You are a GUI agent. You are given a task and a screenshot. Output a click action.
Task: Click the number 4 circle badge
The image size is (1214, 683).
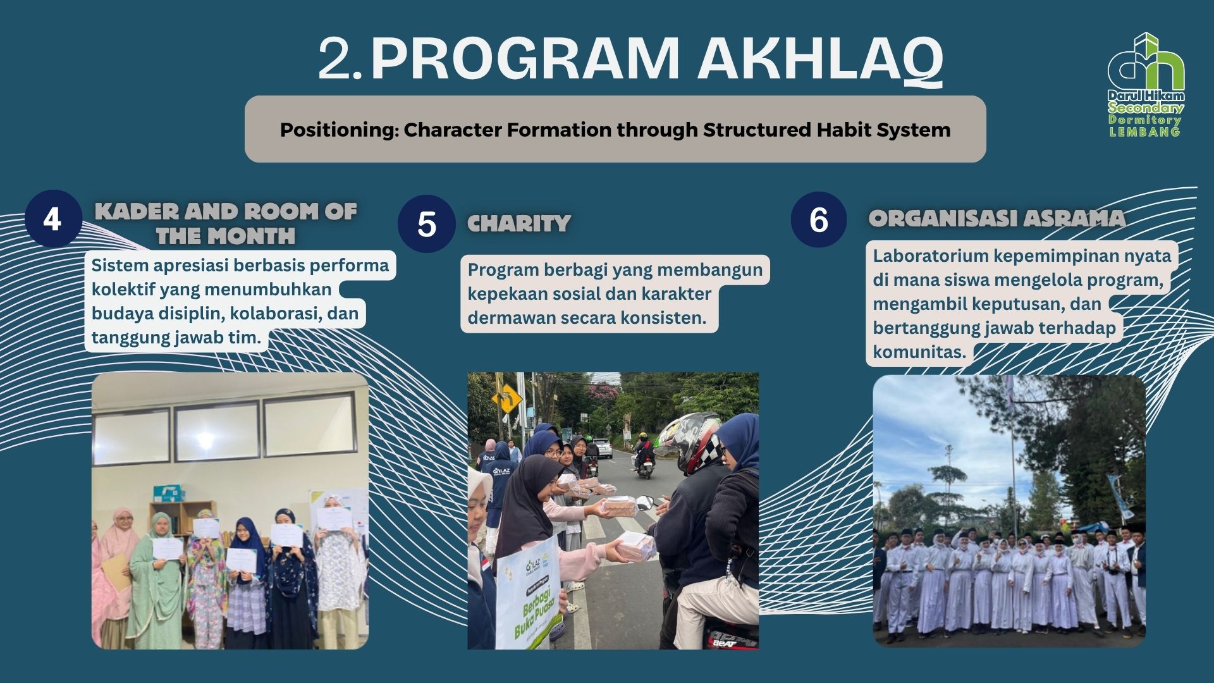tap(53, 219)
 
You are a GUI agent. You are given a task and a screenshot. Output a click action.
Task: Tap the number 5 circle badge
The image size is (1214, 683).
tap(427, 224)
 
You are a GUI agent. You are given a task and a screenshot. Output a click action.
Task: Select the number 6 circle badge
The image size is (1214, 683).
tap(819, 219)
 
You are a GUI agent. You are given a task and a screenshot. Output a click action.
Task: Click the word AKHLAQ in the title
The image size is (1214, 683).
tap(819, 59)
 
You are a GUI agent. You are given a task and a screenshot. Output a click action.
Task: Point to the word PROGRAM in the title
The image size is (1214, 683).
tap(525, 59)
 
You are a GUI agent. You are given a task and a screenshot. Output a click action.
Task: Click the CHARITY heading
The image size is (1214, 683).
tap(519, 224)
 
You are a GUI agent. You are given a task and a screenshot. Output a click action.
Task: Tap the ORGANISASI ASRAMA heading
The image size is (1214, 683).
tap(997, 219)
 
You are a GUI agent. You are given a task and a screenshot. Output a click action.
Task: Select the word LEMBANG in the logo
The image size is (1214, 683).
tap(1144, 132)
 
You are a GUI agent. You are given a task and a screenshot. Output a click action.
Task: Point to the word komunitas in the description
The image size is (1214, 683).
tap(919, 352)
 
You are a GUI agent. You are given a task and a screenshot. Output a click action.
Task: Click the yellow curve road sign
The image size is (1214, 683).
tap(511, 398)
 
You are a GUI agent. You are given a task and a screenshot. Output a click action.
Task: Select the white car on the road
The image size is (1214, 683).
tap(603, 448)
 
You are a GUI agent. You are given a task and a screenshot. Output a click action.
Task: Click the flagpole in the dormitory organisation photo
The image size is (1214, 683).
tap(1014, 468)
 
